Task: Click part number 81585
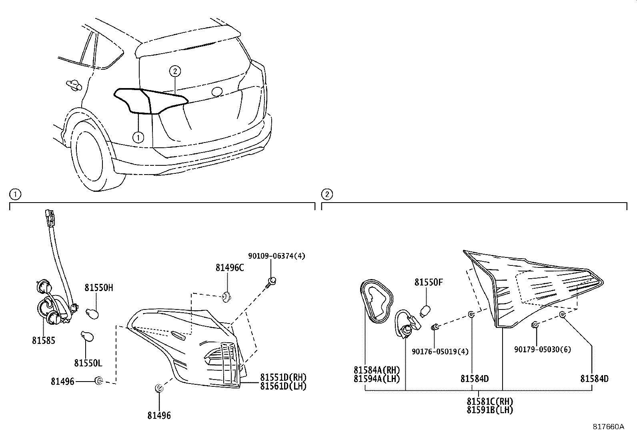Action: [x=44, y=340]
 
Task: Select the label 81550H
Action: [x=99, y=287]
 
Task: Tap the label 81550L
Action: [x=88, y=363]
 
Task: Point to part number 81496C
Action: [x=230, y=267]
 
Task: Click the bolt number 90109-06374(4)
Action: [x=276, y=255]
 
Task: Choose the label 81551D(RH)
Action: [x=283, y=377]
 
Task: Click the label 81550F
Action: [x=429, y=282]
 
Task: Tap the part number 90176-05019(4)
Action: [x=440, y=351]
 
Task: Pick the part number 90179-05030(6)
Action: [x=543, y=349]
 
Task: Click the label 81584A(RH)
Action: [x=377, y=370]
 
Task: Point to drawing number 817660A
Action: [x=608, y=426]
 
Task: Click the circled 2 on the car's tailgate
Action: [x=175, y=71]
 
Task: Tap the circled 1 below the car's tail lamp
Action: [x=138, y=137]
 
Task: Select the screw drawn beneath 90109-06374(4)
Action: [x=272, y=282]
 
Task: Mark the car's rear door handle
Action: [x=73, y=84]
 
